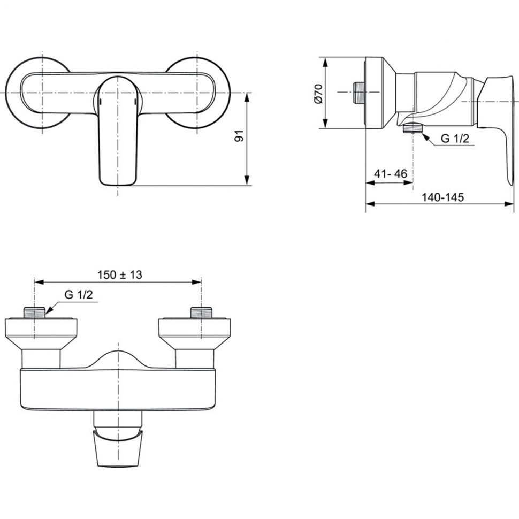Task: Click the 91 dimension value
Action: pyautogui.click(x=239, y=136)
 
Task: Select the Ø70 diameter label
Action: pyautogui.click(x=318, y=94)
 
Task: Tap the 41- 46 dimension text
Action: pyautogui.click(x=390, y=173)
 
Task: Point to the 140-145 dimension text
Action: pyautogui.click(x=442, y=197)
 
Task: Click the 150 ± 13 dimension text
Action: pyautogui.click(x=119, y=274)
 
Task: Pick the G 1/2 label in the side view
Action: pyautogui.click(x=455, y=139)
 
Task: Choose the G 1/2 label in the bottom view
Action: pyautogui.click(x=79, y=294)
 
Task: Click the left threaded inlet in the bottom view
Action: pyautogui.click(x=34, y=312)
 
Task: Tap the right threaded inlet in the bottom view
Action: pyautogui.click(x=201, y=312)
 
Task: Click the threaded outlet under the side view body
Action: pyautogui.click(x=413, y=127)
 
